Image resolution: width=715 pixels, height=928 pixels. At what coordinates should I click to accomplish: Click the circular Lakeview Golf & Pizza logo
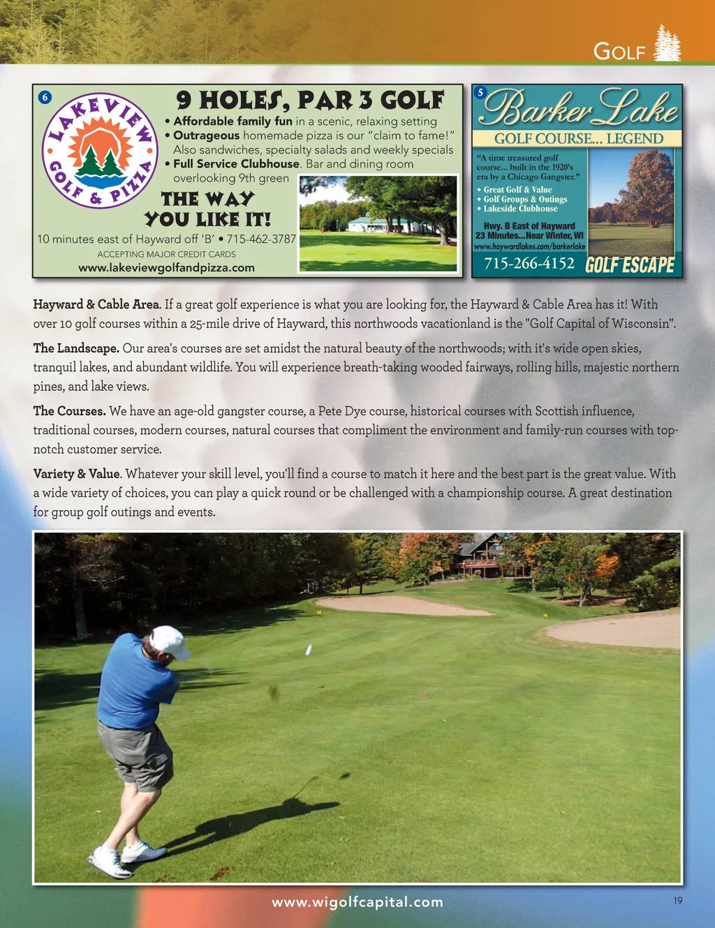pyautogui.click(x=98, y=151)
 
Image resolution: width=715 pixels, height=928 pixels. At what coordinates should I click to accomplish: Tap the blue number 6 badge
pyautogui.click(x=45, y=97)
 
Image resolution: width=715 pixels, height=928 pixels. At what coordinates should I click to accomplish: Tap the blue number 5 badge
pyautogui.click(x=480, y=92)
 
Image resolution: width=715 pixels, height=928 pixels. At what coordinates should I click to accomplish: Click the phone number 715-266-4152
pyautogui.click(x=529, y=263)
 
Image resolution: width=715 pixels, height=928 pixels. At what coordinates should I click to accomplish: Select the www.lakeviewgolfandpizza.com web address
pyautogui.click(x=166, y=267)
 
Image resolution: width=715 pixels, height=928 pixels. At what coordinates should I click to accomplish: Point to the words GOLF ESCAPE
pyautogui.click(x=630, y=265)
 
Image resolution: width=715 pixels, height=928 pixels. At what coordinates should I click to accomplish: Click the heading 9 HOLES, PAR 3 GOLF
pyautogui.click(x=310, y=100)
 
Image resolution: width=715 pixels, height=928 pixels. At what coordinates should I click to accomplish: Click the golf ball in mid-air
pyautogui.click(x=309, y=650)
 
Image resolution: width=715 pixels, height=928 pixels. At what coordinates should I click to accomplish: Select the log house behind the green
pyautogui.click(x=489, y=557)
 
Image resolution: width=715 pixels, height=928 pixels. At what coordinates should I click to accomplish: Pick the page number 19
pyautogui.click(x=678, y=901)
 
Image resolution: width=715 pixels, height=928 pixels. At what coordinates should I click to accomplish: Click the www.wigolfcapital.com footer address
pyautogui.click(x=357, y=901)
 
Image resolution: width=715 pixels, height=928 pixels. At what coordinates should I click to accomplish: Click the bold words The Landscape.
pyautogui.click(x=76, y=347)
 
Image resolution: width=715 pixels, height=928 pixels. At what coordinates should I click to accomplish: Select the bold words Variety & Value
pyautogui.click(x=77, y=474)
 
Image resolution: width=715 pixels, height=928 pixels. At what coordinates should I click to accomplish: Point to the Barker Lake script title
pyautogui.click(x=579, y=107)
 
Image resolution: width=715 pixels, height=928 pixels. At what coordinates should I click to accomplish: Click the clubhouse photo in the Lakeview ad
pyautogui.click(x=378, y=223)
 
